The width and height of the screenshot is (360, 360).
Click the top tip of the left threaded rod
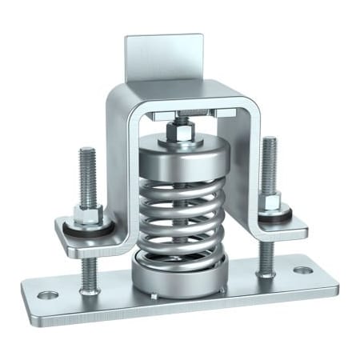(86, 150)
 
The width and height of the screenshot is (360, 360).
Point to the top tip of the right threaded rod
(269, 139)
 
